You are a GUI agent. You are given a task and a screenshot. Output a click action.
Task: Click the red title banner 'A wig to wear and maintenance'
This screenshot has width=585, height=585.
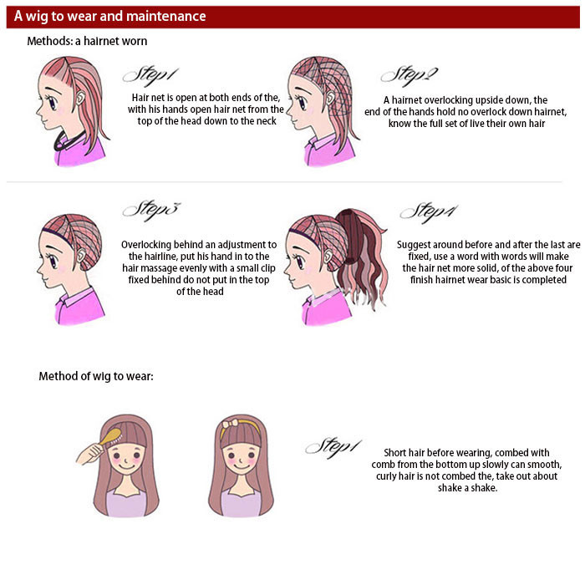pyautogui.click(x=292, y=17)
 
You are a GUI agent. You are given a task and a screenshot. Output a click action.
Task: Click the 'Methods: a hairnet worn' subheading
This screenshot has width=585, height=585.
pyautogui.click(x=87, y=41)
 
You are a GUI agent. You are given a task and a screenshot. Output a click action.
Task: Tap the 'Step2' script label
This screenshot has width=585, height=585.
pyautogui.click(x=409, y=76)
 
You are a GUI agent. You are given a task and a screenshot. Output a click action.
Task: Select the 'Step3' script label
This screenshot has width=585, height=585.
pyautogui.click(x=151, y=210)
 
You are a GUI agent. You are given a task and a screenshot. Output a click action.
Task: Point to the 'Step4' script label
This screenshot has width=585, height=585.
pyautogui.click(x=429, y=212)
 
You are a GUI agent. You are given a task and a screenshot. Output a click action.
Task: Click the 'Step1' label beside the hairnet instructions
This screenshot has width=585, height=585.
pyautogui.click(x=150, y=77)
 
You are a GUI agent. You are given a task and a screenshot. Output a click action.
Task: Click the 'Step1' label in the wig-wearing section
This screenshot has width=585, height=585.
pyautogui.click(x=333, y=447)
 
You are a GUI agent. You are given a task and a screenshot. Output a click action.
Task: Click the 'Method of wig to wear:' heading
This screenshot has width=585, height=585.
pyautogui.click(x=96, y=376)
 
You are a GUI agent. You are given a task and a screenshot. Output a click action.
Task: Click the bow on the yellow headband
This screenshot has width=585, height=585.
pyautogui.click(x=230, y=424)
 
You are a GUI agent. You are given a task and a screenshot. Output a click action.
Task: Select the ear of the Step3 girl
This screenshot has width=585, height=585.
pyautogui.click(x=81, y=255)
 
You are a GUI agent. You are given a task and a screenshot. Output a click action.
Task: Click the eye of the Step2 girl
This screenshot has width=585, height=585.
pyautogui.click(x=302, y=103)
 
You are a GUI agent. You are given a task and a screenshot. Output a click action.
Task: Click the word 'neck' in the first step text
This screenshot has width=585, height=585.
pyautogui.click(x=266, y=121)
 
